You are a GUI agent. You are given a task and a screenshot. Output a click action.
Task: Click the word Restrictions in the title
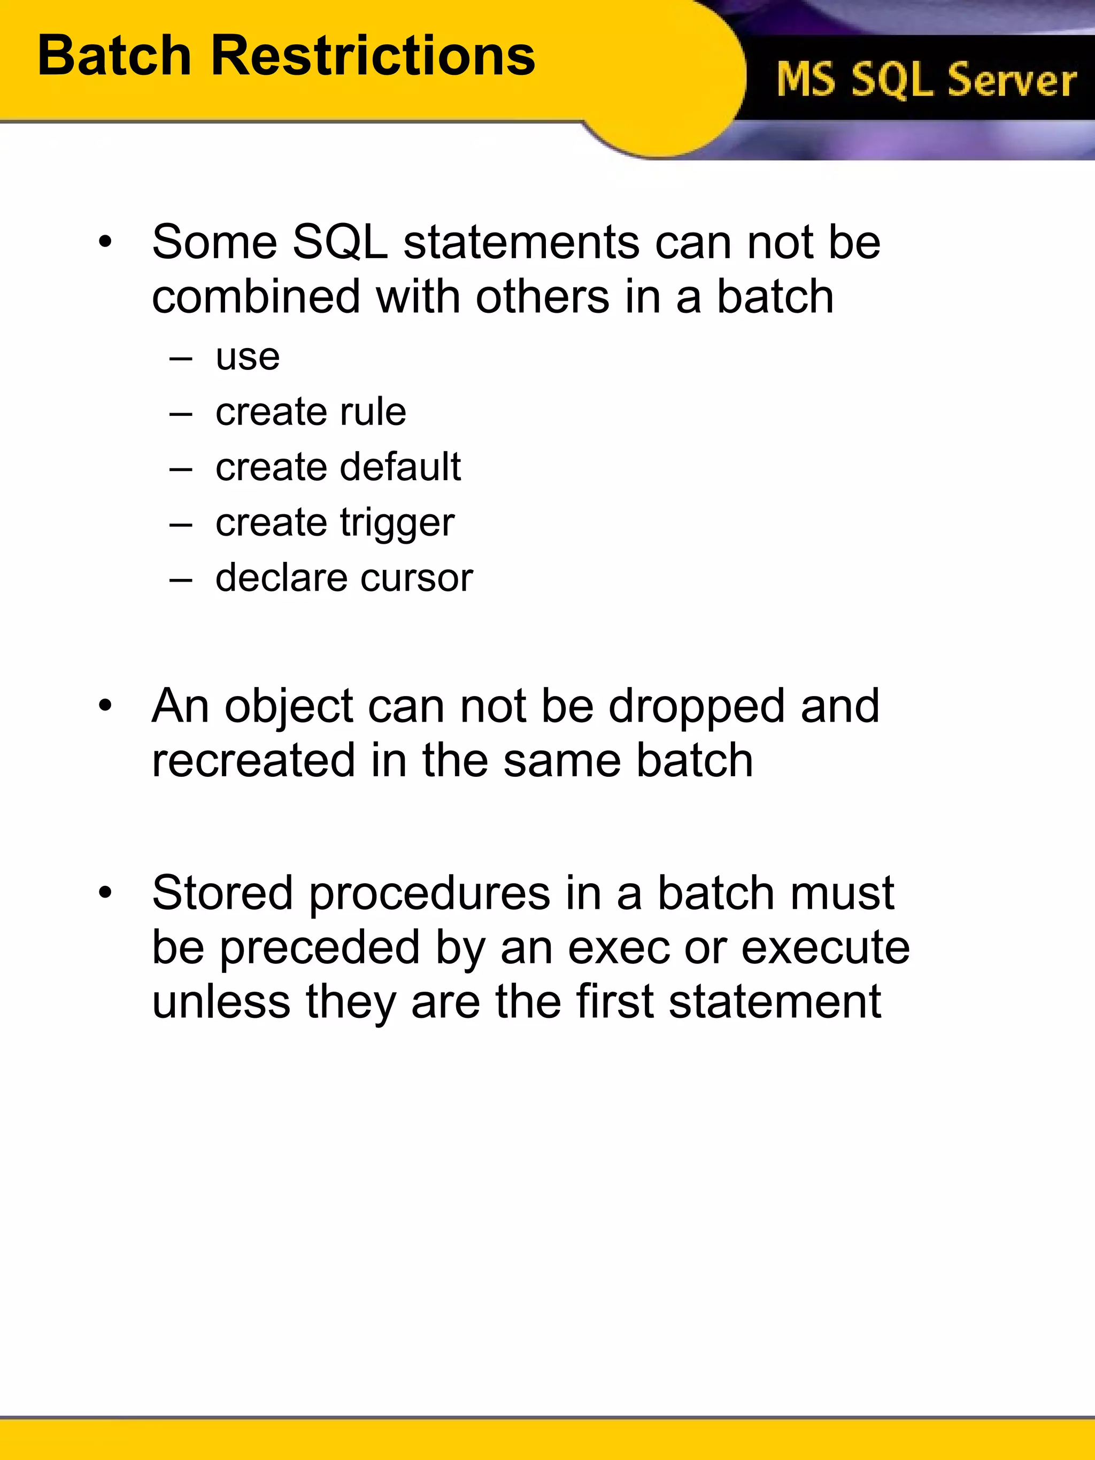point(372,56)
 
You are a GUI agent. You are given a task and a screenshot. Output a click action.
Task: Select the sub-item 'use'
point(248,358)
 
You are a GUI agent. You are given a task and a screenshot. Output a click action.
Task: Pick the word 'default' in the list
point(400,467)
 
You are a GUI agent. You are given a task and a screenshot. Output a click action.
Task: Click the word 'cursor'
point(417,578)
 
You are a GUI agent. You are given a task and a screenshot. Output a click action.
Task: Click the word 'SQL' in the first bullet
point(340,242)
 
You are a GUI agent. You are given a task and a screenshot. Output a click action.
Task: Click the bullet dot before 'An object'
point(105,706)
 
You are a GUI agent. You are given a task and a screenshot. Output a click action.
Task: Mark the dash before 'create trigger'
point(180,526)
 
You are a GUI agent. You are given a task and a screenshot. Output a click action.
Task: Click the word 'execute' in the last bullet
point(825,948)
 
